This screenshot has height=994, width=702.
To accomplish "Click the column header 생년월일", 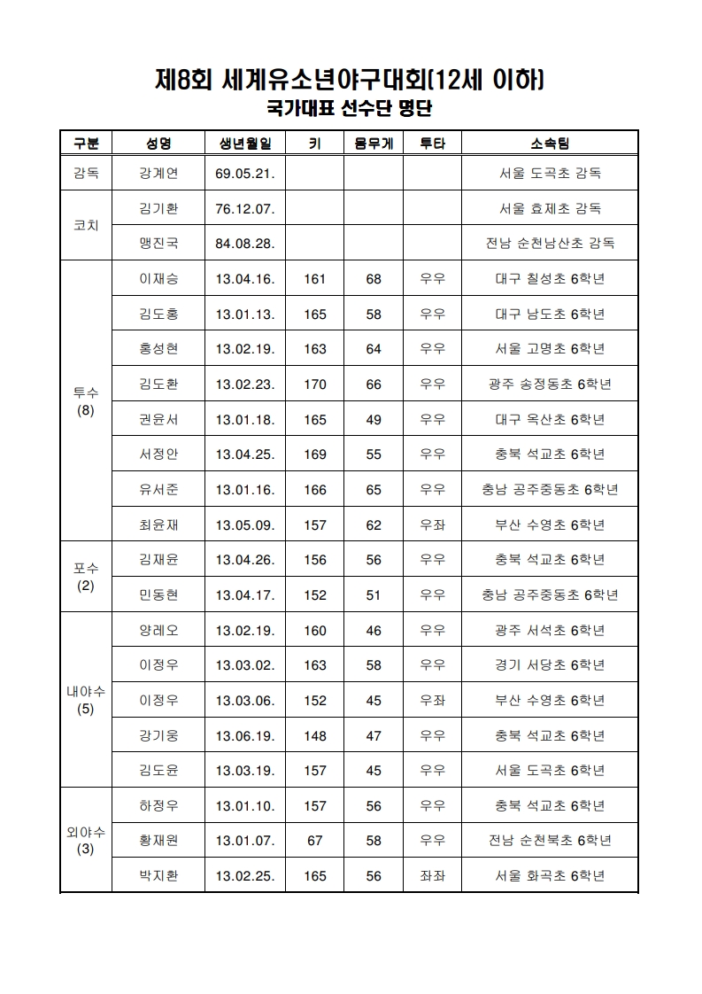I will [x=244, y=144].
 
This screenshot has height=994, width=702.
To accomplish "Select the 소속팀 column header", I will [x=549, y=144].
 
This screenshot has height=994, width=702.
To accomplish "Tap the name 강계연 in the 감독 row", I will [x=158, y=173].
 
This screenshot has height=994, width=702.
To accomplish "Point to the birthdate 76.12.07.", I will [x=244, y=209].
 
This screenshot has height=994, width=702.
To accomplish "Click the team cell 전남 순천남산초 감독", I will [x=549, y=243].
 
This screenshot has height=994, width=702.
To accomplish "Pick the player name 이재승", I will [x=158, y=279].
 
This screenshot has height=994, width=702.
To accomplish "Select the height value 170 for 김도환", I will [x=314, y=384].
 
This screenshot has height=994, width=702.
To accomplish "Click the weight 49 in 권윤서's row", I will [x=373, y=419].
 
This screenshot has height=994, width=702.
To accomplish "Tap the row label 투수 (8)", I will [x=86, y=401].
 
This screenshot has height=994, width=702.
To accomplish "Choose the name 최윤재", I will [x=158, y=524].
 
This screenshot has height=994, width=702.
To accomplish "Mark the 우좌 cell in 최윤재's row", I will [x=432, y=524].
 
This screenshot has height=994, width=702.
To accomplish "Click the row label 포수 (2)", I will [x=86, y=577].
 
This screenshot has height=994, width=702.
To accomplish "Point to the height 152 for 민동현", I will [x=314, y=594].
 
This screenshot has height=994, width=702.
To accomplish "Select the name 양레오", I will [x=158, y=631].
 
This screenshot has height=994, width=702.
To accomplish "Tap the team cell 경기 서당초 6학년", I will [x=549, y=665].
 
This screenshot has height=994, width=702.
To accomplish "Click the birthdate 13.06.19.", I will [x=244, y=735].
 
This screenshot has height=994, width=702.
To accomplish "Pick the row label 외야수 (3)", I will [x=86, y=841].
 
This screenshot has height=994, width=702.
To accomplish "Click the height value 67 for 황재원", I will [x=314, y=841].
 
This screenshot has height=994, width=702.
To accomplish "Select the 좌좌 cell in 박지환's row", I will [x=432, y=876].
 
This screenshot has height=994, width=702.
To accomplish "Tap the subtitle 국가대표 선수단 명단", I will [x=350, y=109].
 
